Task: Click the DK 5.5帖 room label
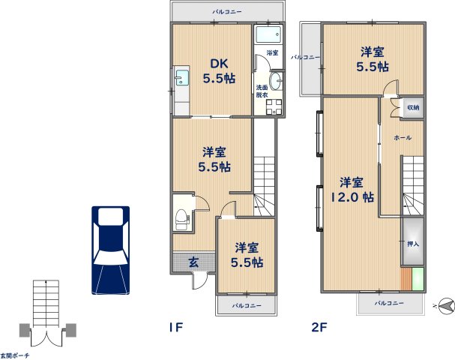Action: pyautogui.click(x=219, y=71)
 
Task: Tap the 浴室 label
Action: pyautogui.click(x=272, y=52)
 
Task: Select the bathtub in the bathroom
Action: pyautogui.click(x=269, y=34)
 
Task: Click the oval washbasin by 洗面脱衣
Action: pyautogui.click(x=276, y=81)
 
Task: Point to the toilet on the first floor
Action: pyautogui.click(x=181, y=220)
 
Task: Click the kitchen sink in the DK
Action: pyautogui.click(x=182, y=78)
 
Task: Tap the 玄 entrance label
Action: pyautogui.click(x=193, y=262)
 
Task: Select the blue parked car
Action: pyautogui.click(x=110, y=250)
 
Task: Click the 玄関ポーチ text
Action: pyautogui.click(x=14, y=355)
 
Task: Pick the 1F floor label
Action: pyautogui.click(x=176, y=328)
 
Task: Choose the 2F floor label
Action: pyautogui.click(x=319, y=328)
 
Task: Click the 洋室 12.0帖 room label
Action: pyautogui.click(x=352, y=190)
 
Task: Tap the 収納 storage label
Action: pyautogui.click(x=413, y=107)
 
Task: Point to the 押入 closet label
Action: pyautogui.click(x=413, y=244)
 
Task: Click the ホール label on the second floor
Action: pyautogui.click(x=403, y=137)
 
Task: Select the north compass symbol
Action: pyautogui.click(x=446, y=306)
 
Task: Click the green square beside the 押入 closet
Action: pyautogui.click(x=418, y=279)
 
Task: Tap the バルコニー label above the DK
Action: pyautogui.click(x=227, y=12)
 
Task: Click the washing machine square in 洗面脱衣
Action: pyautogui.click(x=274, y=107)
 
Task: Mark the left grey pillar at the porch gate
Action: pyautogui.click(x=25, y=331)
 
